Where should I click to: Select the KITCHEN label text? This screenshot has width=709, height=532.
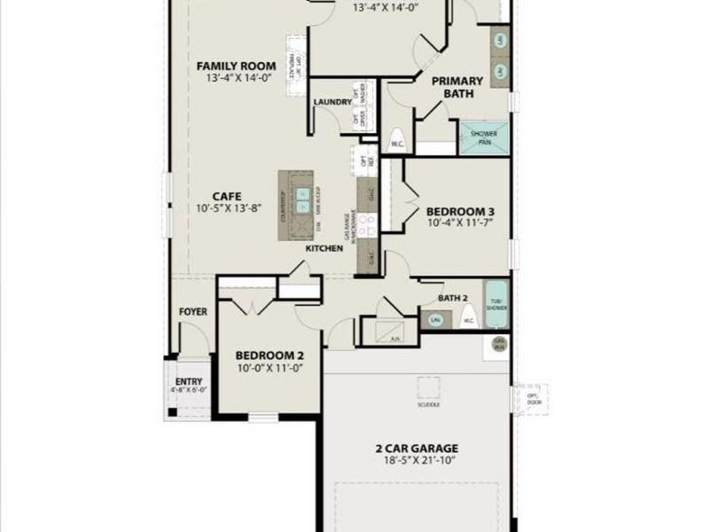point(324,249)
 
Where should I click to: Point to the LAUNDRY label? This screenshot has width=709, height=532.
point(332,103)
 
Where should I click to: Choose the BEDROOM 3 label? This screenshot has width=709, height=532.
point(460,212)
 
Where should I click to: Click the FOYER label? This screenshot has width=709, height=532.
point(193,312)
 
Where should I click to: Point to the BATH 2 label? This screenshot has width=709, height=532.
point(452,298)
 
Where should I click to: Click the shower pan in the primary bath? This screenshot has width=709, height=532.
point(484,137)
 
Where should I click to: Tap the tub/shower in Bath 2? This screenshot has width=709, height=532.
point(496,303)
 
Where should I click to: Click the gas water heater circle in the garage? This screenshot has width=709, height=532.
point(499,344)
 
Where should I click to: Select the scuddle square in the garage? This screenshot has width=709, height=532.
point(428,388)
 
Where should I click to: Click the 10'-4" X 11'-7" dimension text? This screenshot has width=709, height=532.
point(460,225)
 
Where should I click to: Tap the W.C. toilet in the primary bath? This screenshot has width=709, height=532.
point(396,142)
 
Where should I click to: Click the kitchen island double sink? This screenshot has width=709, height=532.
point(303,202)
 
